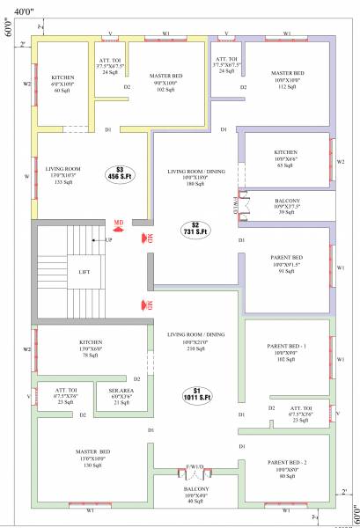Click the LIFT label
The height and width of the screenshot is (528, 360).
tap(84, 272)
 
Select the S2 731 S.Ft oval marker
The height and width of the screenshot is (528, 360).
tap(196, 228)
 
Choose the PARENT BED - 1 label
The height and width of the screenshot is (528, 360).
tap(287, 352)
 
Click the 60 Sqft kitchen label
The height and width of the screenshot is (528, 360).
tap(62, 84)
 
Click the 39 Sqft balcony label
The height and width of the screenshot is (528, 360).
tap(287, 206)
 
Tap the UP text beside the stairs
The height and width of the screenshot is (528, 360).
tap(109, 240)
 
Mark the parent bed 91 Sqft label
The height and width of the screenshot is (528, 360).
tap(287, 265)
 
